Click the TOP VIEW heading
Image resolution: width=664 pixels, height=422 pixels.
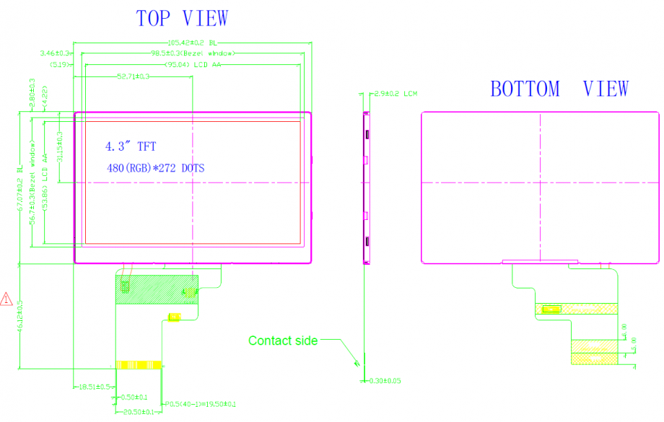(182, 19)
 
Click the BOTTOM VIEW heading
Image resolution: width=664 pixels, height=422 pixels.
(559, 89)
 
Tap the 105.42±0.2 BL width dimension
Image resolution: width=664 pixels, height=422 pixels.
(193, 43)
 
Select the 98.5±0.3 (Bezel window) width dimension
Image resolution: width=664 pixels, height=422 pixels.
(193, 53)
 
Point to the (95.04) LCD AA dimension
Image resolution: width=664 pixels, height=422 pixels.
(193, 64)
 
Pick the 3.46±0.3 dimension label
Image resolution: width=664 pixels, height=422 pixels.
(55, 53)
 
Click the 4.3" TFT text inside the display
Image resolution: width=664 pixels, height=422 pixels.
(131, 146)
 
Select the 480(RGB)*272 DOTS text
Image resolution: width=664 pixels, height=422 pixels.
(154, 168)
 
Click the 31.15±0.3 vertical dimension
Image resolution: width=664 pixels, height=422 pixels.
(60, 148)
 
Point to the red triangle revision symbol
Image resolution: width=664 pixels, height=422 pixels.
(6, 297)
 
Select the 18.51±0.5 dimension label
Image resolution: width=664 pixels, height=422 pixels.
(93, 387)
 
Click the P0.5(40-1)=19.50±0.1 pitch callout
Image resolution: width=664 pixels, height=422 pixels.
(201, 404)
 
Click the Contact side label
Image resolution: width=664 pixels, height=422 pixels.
(283, 340)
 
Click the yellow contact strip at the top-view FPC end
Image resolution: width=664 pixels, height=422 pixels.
(139, 364)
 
